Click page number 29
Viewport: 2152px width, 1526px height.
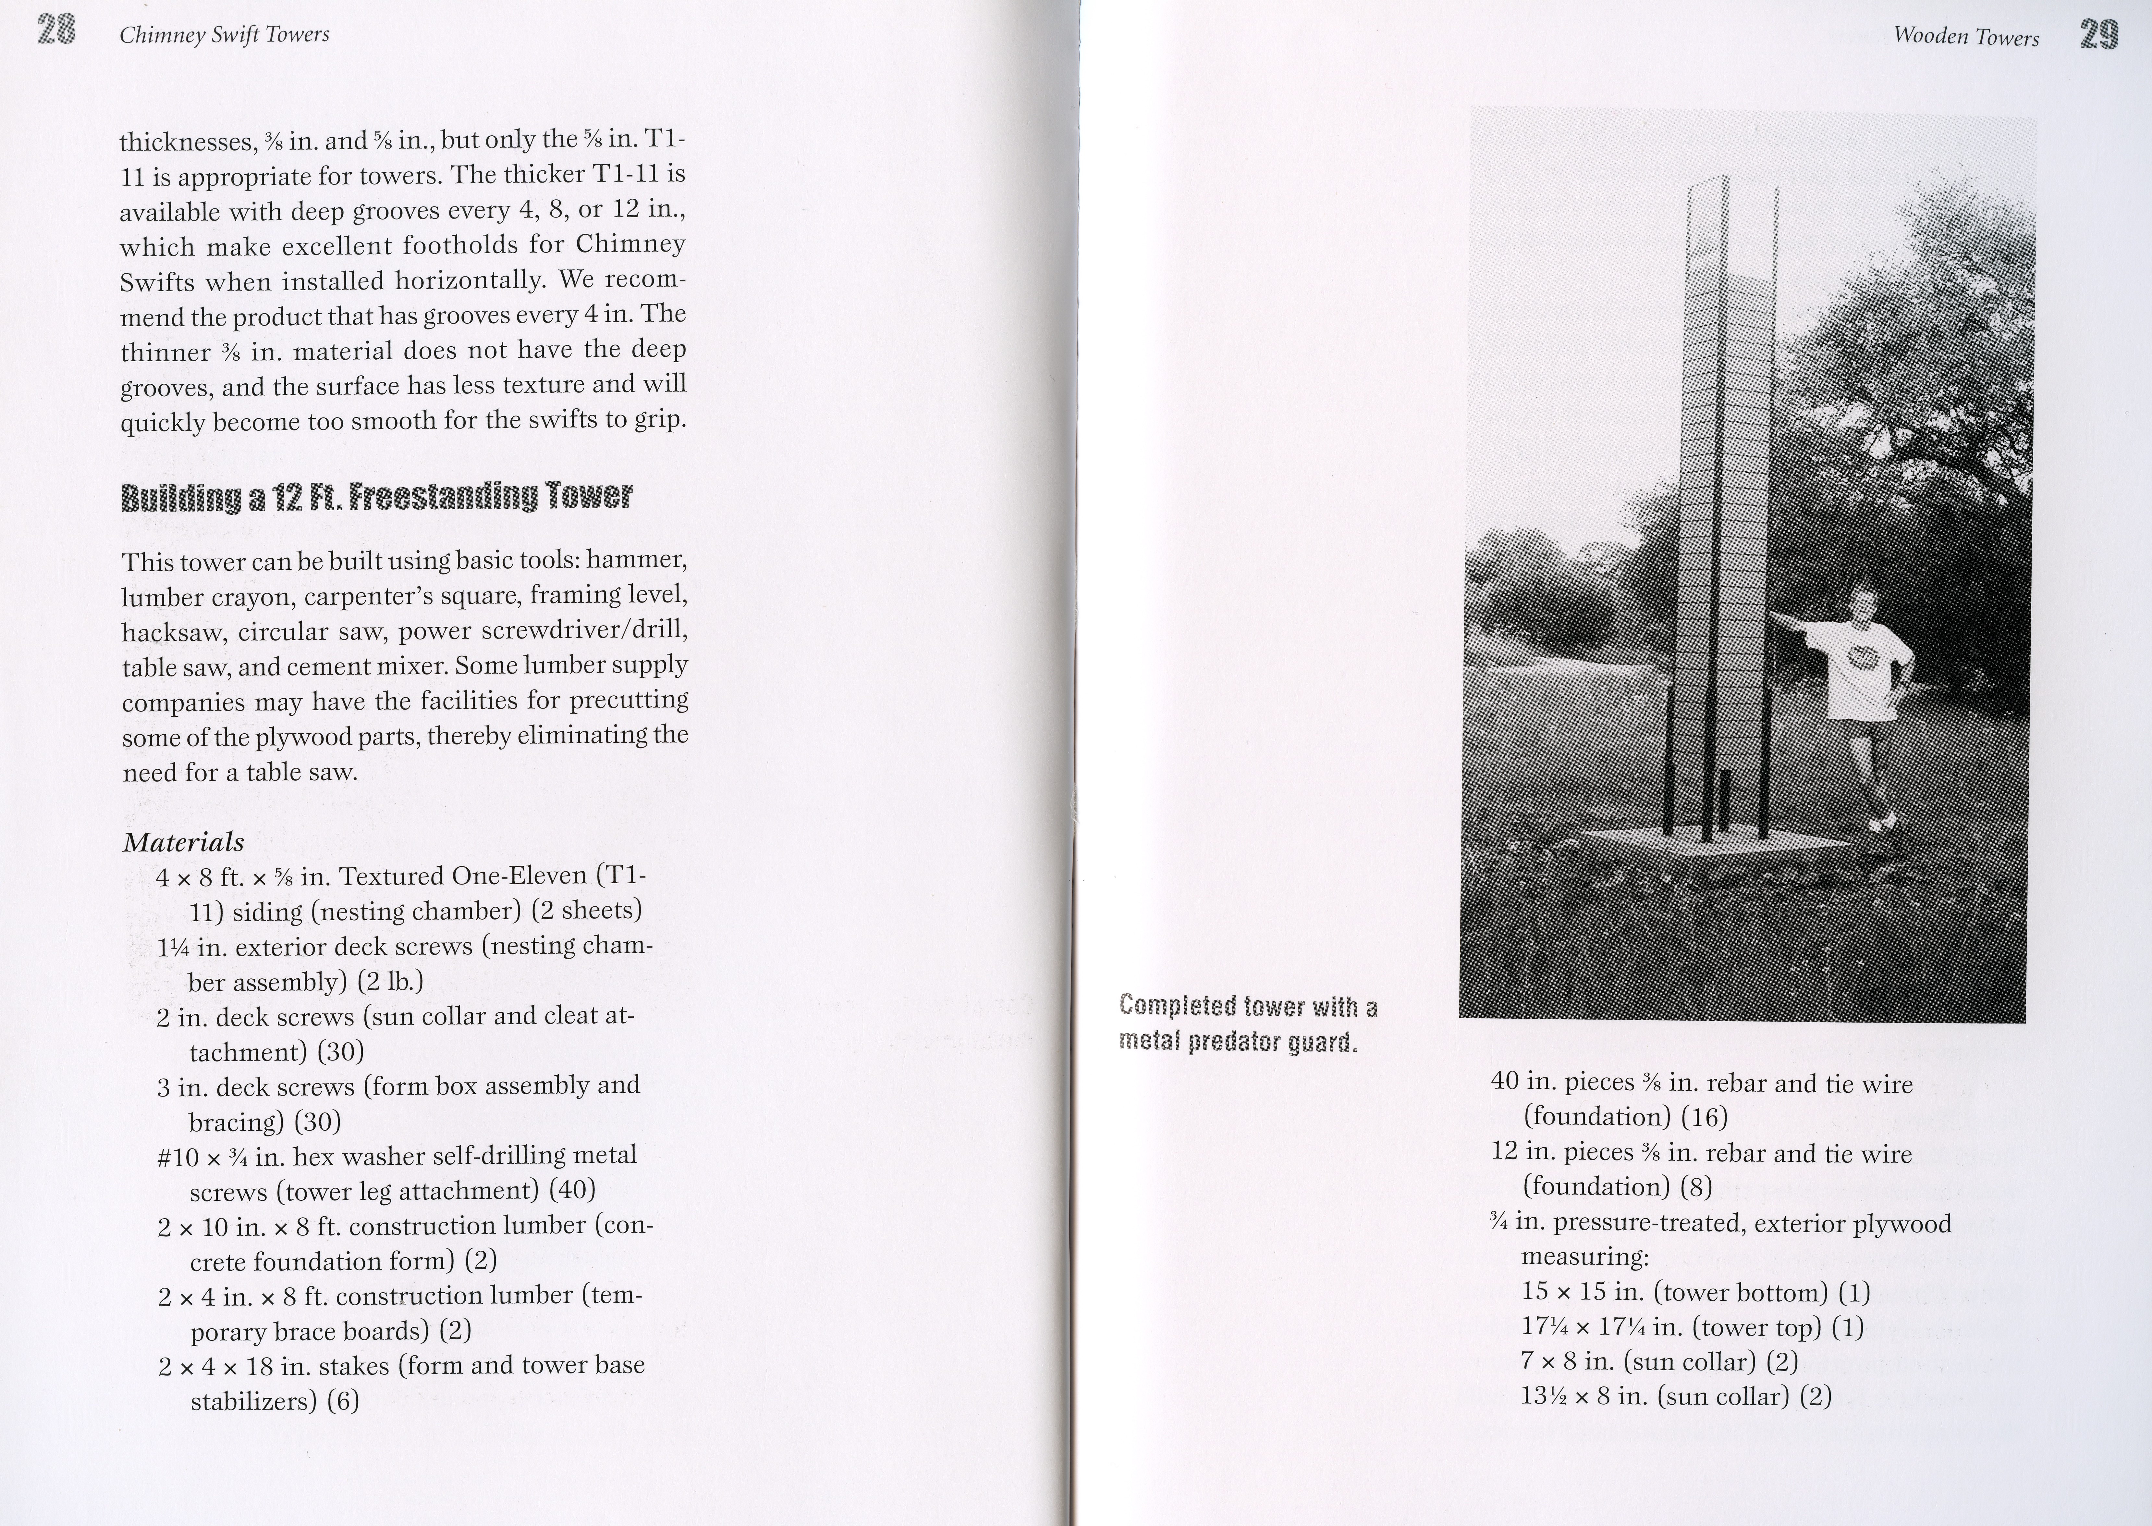(x=2098, y=36)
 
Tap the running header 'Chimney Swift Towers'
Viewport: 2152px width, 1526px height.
(x=225, y=35)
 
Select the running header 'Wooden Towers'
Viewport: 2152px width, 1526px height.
(x=1966, y=37)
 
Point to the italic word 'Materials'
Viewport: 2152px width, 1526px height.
(x=183, y=842)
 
